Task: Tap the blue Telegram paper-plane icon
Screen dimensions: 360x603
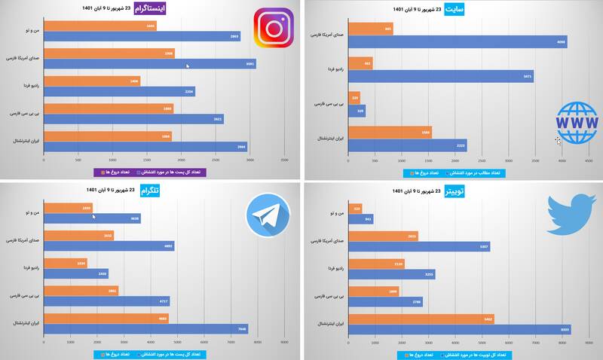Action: coord(269,216)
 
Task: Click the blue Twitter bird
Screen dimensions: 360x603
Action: coord(571,213)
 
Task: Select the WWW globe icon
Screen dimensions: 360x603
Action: coord(577,122)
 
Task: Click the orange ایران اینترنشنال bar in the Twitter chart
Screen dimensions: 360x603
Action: coord(423,319)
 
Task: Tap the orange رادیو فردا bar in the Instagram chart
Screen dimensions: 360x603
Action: coord(92,81)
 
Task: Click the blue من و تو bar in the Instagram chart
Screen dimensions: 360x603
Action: coord(142,36)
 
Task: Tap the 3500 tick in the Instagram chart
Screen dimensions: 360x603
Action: coord(284,160)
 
